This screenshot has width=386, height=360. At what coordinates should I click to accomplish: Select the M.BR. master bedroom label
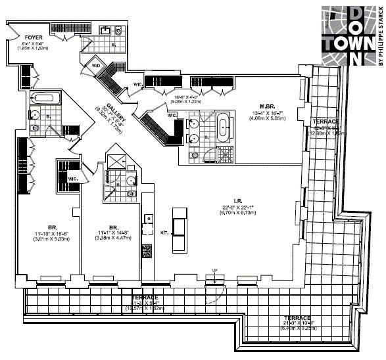267,106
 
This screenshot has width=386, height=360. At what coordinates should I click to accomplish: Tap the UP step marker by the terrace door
214,271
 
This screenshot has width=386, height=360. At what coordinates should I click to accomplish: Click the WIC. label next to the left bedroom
72,178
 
